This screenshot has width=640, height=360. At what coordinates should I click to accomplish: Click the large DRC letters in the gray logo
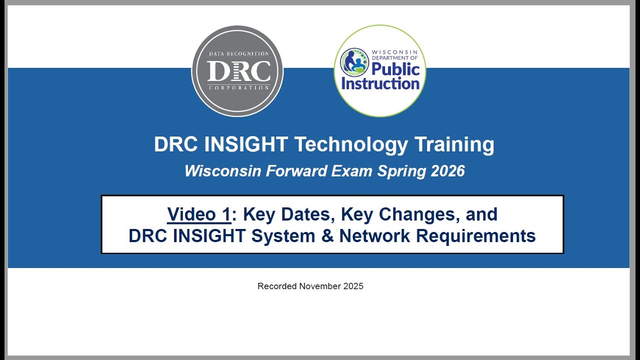pos(238,71)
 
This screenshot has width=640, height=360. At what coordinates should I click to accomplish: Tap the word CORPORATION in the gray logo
pos(238,88)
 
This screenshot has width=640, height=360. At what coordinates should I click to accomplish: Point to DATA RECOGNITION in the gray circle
pos(238,53)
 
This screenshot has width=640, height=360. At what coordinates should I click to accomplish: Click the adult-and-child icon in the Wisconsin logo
pos(354,62)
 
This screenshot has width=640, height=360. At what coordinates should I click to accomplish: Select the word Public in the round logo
pos(395,69)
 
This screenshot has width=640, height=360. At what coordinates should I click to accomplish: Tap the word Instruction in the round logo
pos(380,83)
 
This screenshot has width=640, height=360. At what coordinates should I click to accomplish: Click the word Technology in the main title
pos(351,144)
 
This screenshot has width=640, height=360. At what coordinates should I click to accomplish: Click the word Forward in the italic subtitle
pos(296,171)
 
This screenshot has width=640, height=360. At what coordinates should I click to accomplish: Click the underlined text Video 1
pos(199,214)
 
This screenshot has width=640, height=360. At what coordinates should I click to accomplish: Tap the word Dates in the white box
pos(308,214)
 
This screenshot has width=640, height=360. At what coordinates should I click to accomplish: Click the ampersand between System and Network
pos(327,235)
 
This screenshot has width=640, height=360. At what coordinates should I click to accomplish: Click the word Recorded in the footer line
pos(277,286)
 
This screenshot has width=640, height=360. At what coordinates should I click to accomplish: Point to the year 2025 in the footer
pos(353,286)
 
